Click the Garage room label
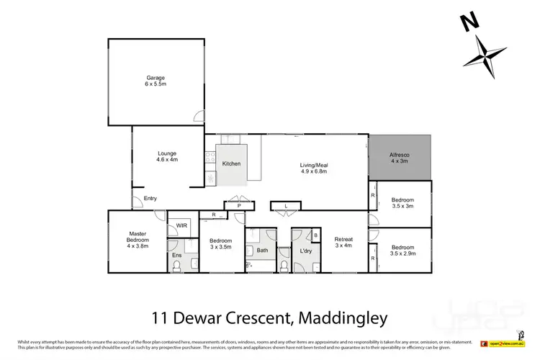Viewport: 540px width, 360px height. coord(156,81)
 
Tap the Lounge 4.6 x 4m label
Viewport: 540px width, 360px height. coord(166,156)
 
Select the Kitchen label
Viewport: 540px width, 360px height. coord(231,164)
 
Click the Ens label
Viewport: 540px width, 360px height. coord(176,255)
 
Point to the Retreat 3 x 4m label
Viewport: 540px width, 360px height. coord(343,242)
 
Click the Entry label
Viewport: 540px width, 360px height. coord(150,199)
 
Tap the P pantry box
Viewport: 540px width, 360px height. coord(238,206)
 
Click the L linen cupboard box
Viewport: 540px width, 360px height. coord(286,206)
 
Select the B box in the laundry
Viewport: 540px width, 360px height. coord(315,235)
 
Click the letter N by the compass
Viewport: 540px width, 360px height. coord(469,22)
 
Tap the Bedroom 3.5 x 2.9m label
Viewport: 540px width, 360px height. coord(402,251)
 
